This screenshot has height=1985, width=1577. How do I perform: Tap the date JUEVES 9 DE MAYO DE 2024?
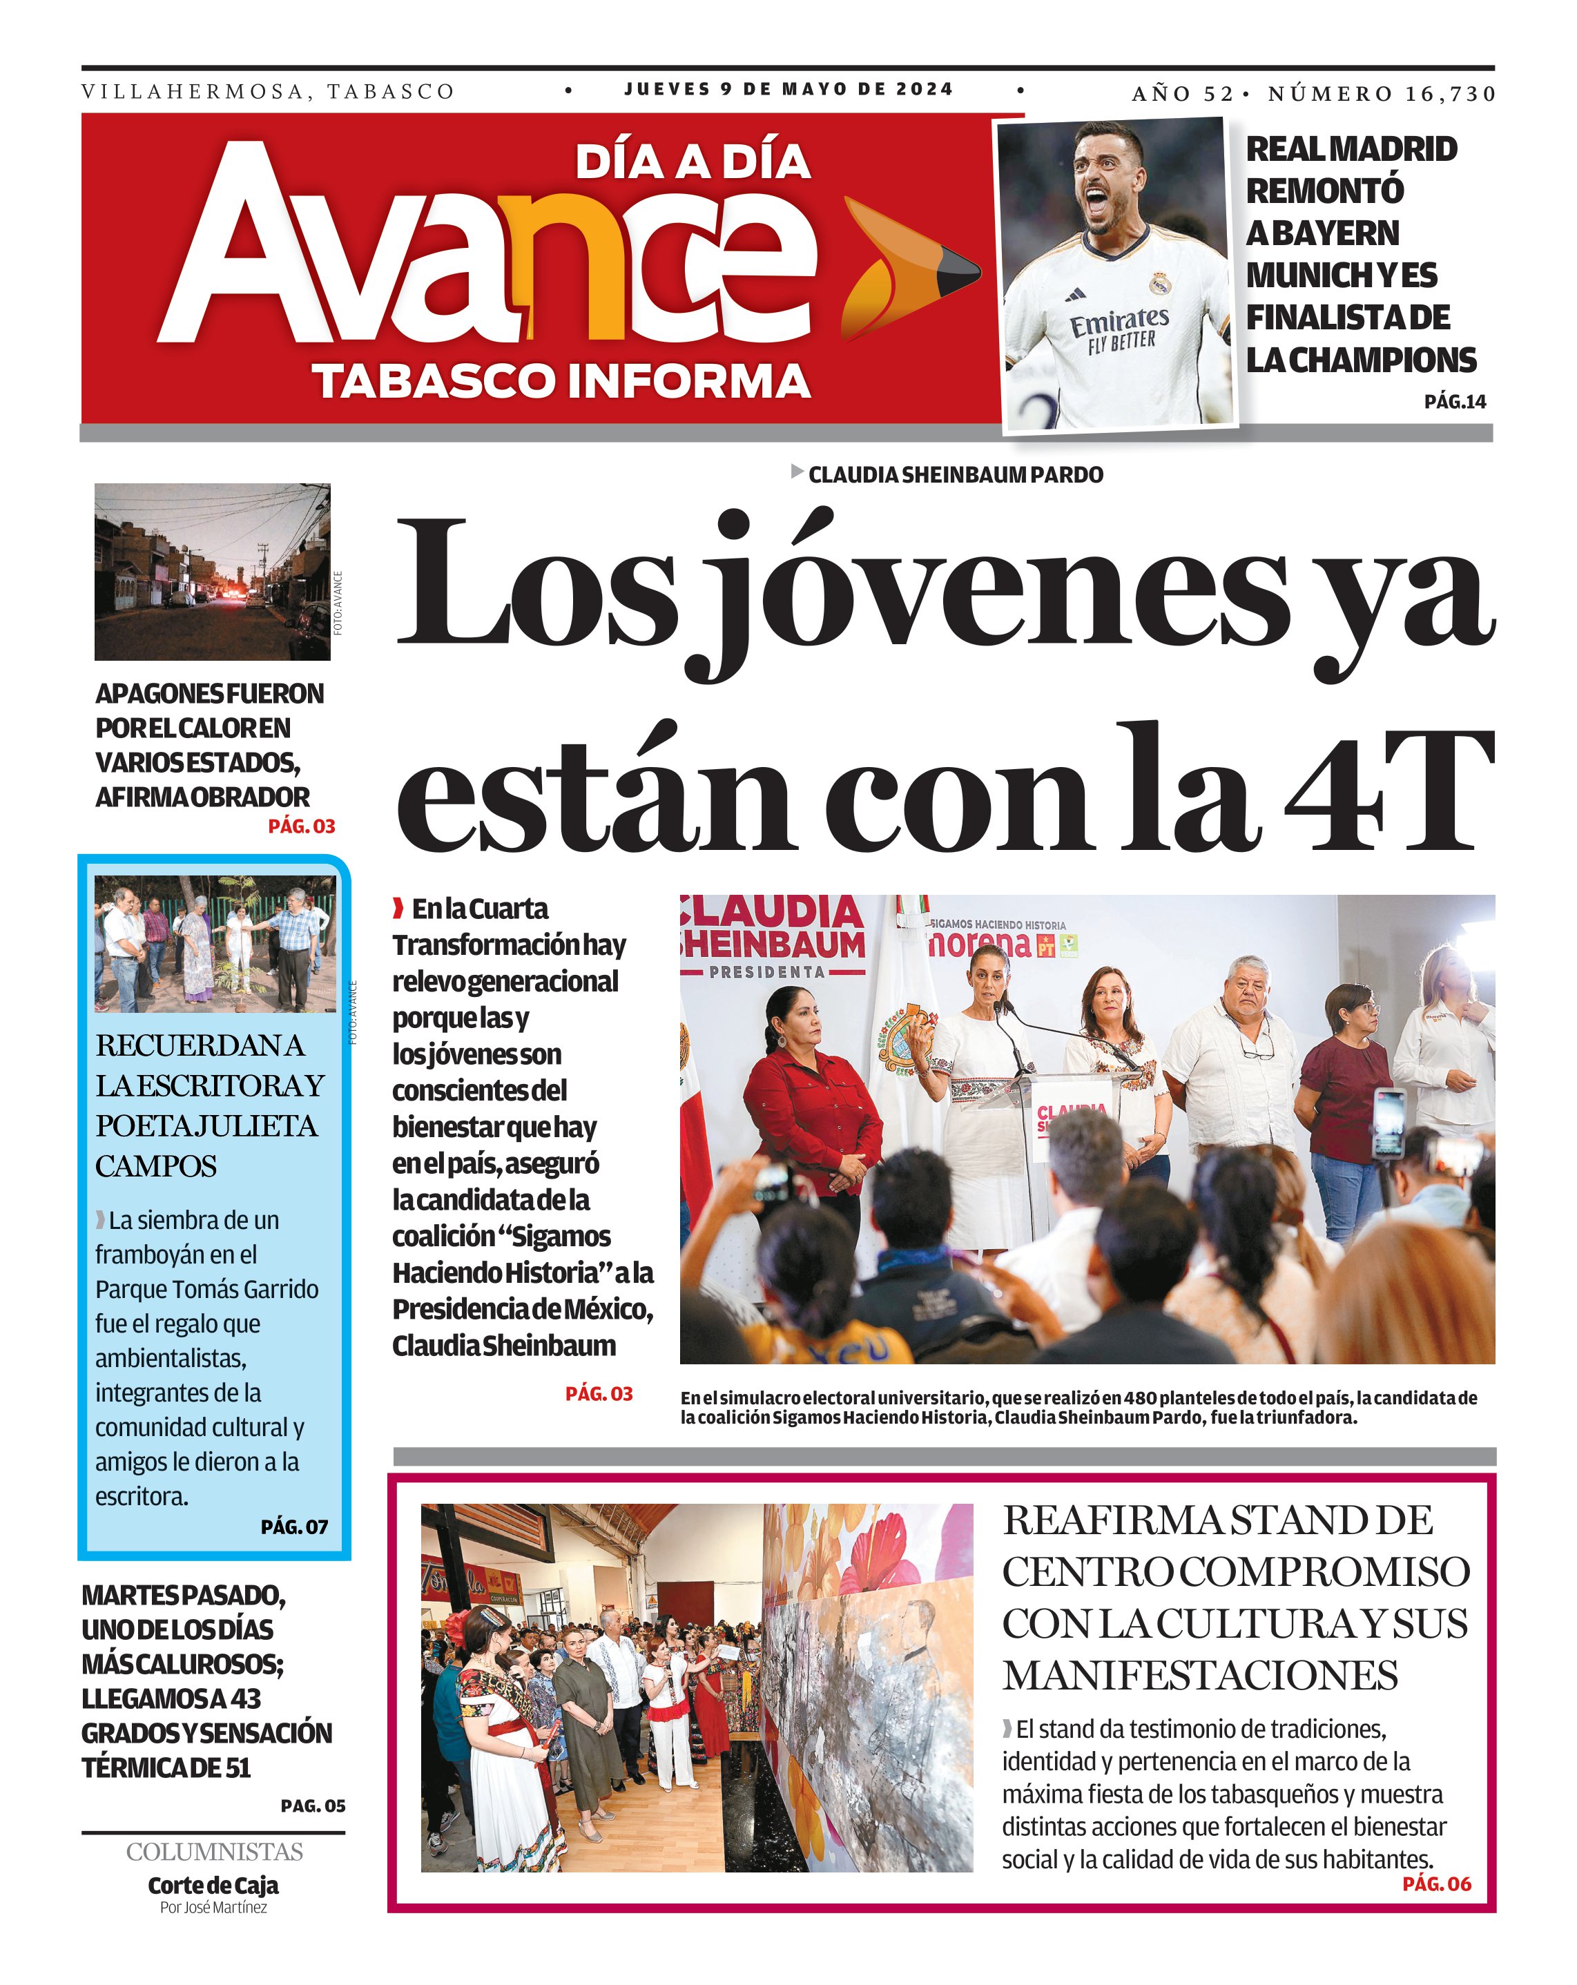click(788, 89)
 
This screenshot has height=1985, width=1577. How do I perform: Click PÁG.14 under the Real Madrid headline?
click(1455, 401)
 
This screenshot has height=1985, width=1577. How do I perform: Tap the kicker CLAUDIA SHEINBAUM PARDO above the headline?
click(955, 475)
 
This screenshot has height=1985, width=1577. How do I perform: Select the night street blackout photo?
click(212, 572)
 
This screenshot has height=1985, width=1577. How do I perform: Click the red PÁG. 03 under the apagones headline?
click(301, 826)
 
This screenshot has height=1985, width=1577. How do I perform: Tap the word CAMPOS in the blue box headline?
click(157, 1167)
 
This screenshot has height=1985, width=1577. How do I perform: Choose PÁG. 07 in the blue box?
click(293, 1527)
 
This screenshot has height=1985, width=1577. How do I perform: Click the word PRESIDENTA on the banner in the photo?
click(767, 972)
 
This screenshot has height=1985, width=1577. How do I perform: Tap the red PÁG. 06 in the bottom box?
click(1436, 1884)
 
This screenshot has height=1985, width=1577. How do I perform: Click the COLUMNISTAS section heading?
click(215, 1852)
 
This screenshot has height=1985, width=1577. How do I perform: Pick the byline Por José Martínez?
click(213, 1908)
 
